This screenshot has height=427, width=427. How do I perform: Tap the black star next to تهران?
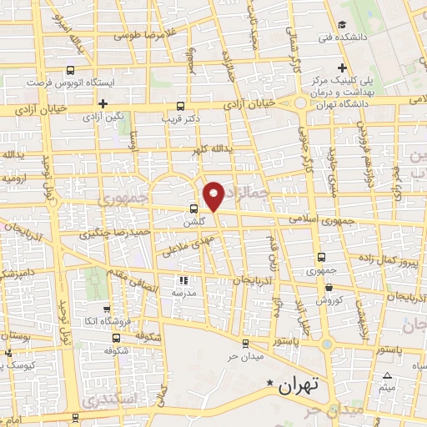click(x=269, y=384)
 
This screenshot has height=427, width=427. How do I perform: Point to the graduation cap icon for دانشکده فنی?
click(x=343, y=24)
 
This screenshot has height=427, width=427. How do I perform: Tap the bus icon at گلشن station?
click(x=193, y=209)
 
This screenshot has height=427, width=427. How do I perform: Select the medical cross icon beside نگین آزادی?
click(x=102, y=104)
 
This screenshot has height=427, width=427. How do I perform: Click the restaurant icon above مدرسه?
click(x=183, y=281)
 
